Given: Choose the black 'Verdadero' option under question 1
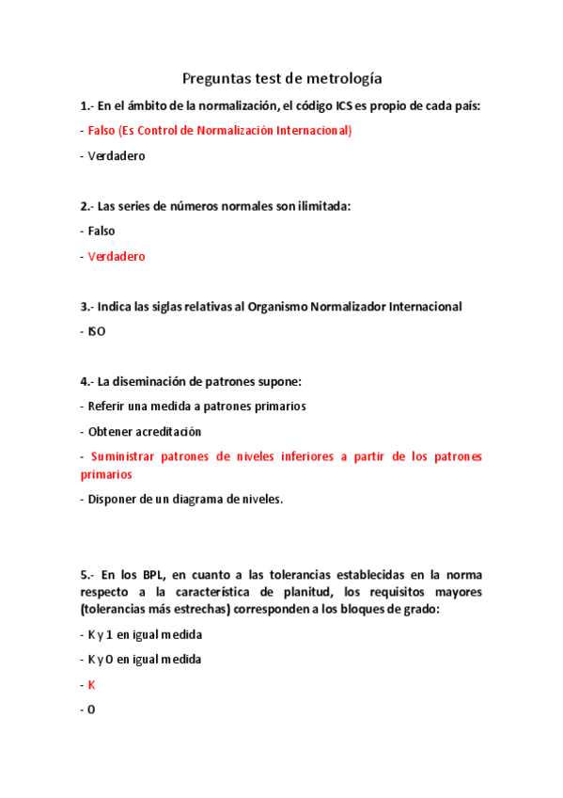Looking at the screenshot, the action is click(117, 156).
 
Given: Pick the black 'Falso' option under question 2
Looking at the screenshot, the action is click(102, 231).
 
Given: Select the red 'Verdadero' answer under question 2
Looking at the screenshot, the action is click(117, 256).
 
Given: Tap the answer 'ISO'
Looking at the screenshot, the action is click(97, 332).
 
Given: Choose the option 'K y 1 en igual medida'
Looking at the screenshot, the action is click(146, 634).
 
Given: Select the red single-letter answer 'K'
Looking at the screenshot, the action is click(91, 685).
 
